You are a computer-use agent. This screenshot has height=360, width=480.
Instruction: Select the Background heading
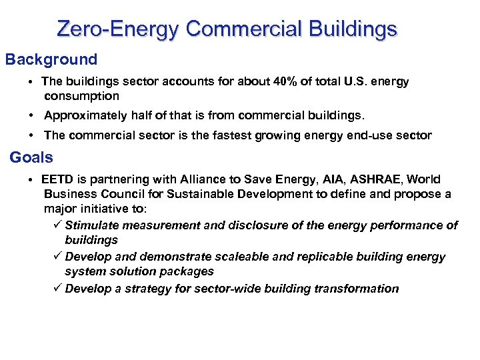51,59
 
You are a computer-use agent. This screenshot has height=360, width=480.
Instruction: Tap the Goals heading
31,157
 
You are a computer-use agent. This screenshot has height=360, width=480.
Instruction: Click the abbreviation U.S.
359,82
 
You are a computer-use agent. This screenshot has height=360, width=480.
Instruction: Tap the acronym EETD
58,179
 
